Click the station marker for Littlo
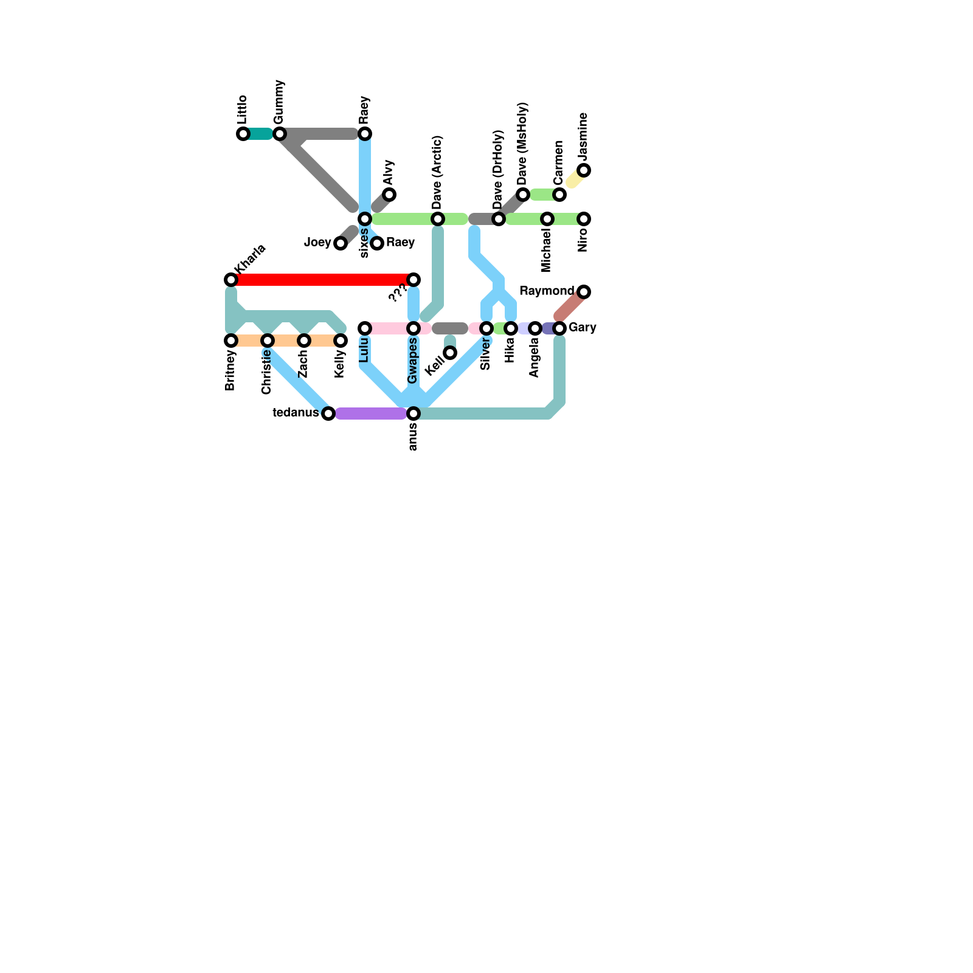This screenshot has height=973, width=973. [x=243, y=134]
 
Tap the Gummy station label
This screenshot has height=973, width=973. [x=279, y=102]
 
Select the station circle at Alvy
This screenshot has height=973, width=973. [x=389, y=195]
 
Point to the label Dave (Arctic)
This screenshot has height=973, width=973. [x=437, y=171]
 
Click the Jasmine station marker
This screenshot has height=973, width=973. [x=584, y=170]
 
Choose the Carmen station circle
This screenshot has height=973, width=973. [x=559, y=195]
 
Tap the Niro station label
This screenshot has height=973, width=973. [x=583, y=240]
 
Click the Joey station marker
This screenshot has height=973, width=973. [x=341, y=243]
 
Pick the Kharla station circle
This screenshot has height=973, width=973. [x=231, y=280]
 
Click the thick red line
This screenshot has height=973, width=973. [x=322, y=280]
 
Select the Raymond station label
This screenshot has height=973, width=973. [x=547, y=291]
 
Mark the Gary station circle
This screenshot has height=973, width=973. [x=559, y=328]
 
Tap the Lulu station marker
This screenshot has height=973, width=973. [x=365, y=328]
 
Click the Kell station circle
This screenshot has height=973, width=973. [x=450, y=353]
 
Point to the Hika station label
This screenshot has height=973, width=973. [x=510, y=350]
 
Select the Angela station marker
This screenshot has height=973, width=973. [x=535, y=328]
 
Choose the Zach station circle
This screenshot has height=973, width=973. [x=304, y=341]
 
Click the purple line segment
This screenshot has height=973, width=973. [x=371, y=414]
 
